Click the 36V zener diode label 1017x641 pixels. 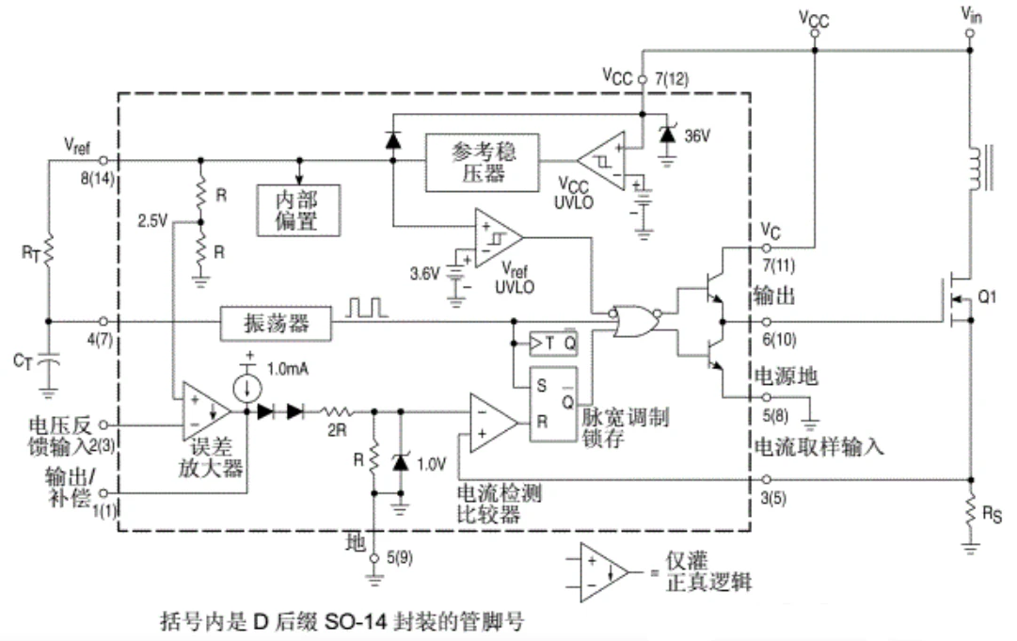click(697, 136)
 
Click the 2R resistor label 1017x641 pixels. click(336, 429)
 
